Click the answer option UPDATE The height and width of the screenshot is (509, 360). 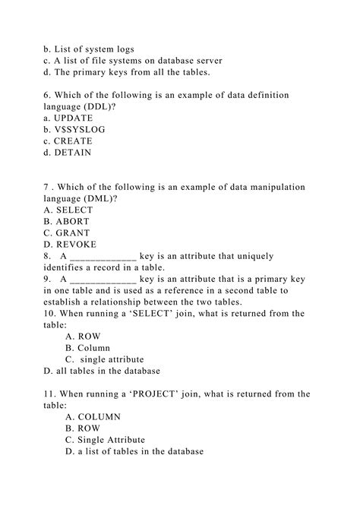pyautogui.click(x=74, y=118)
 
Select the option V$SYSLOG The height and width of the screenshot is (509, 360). pyautogui.click(x=77, y=129)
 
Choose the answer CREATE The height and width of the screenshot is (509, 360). pyautogui.click(x=74, y=141)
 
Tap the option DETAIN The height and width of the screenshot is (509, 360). pyautogui.click(x=73, y=152)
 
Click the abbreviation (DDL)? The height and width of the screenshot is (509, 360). pyautogui.click(x=106, y=106)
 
